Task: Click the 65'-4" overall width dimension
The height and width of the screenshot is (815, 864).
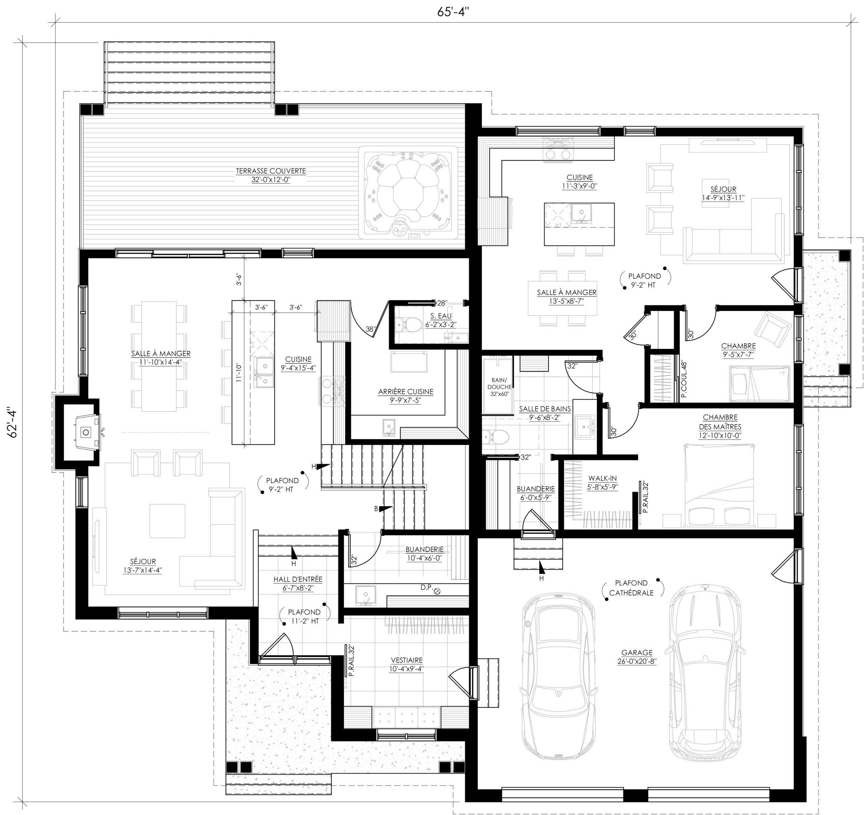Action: (x=453, y=12)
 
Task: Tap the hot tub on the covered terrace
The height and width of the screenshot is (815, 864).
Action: (x=408, y=192)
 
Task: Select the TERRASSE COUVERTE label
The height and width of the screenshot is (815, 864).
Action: (x=271, y=175)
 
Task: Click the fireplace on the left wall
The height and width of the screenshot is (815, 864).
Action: (x=86, y=431)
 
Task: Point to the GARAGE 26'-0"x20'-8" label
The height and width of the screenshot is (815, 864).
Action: (x=637, y=657)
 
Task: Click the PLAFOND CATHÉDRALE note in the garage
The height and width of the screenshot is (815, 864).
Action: (x=631, y=588)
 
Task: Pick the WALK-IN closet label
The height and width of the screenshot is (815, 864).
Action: (x=602, y=482)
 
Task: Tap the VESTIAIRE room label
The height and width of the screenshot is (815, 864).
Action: (x=406, y=664)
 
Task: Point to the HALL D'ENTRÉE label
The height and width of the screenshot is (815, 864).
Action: (x=298, y=583)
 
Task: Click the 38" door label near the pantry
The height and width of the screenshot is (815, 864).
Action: (x=370, y=330)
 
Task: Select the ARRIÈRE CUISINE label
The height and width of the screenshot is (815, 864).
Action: (x=405, y=395)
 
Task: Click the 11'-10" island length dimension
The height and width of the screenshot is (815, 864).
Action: (x=238, y=372)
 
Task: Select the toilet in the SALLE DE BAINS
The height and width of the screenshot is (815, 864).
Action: (x=495, y=436)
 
